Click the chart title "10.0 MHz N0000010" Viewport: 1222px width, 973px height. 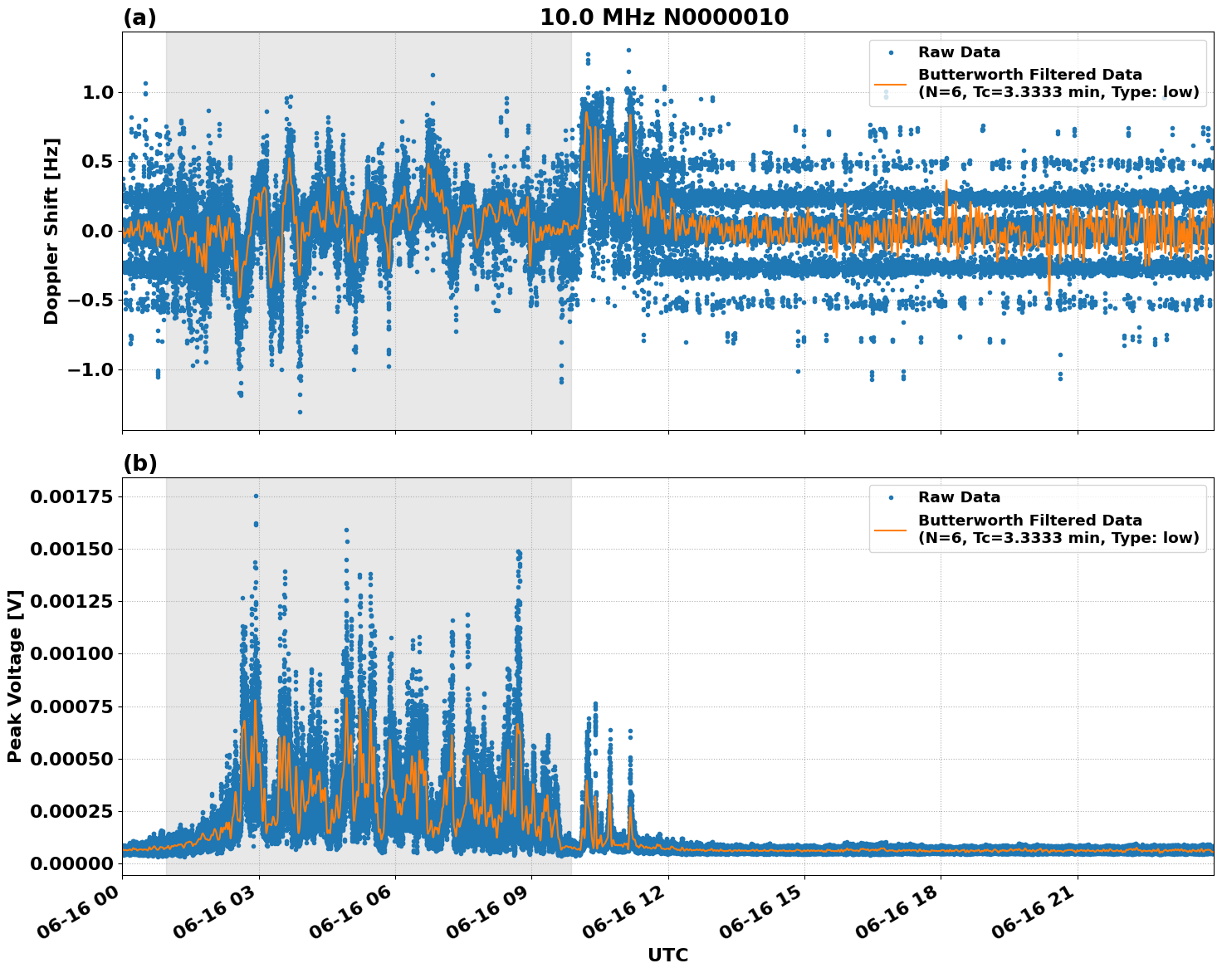[664, 17]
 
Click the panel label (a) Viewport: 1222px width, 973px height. [139, 17]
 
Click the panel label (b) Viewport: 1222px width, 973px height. [139, 463]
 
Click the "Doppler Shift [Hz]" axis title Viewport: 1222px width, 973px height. [51, 231]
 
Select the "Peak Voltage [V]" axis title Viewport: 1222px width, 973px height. [15, 676]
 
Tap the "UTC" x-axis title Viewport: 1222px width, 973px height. [667, 955]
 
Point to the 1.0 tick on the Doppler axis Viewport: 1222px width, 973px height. [97, 92]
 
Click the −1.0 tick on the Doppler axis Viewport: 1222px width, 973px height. [91, 369]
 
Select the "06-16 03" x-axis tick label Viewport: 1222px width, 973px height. [218, 912]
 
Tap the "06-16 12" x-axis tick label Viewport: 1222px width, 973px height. [627, 912]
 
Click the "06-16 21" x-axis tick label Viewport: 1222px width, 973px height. [1036, 912]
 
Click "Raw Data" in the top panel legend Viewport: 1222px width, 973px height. [959, 52]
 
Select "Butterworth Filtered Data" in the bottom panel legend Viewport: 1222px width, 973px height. [1029, 521]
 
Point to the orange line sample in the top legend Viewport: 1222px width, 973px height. [891, 84]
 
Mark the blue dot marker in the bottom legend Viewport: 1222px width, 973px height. [891, 497]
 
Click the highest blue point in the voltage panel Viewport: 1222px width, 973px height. [256, 496]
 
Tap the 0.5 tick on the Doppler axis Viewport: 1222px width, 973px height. [97, 161]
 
